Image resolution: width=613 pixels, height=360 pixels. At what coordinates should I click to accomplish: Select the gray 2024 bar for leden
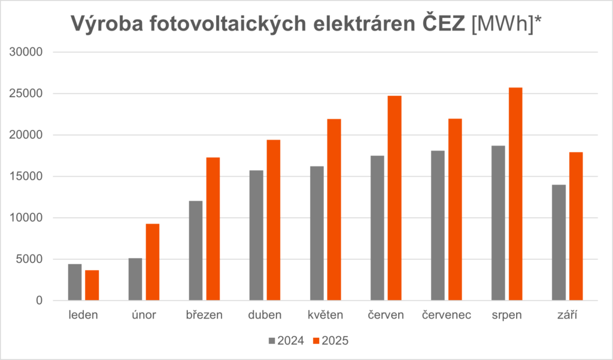pos(75,282)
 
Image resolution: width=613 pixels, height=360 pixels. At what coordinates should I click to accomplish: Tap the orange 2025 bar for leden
pos(92,285)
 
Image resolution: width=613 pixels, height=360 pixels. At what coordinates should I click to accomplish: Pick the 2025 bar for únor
pos(153,262)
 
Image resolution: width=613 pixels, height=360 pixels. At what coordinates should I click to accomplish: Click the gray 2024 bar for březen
pos(196,250)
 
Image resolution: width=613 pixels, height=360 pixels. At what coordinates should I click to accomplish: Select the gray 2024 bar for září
pos(559,243)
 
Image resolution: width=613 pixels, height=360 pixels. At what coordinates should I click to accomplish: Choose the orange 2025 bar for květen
pos(333,210)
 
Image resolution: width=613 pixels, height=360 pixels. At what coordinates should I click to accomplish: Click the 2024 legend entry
pos(286,341)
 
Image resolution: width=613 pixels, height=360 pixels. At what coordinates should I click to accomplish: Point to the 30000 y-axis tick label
pos(28,52)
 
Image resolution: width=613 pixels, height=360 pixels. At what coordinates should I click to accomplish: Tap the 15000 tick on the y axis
pos(28,177)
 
